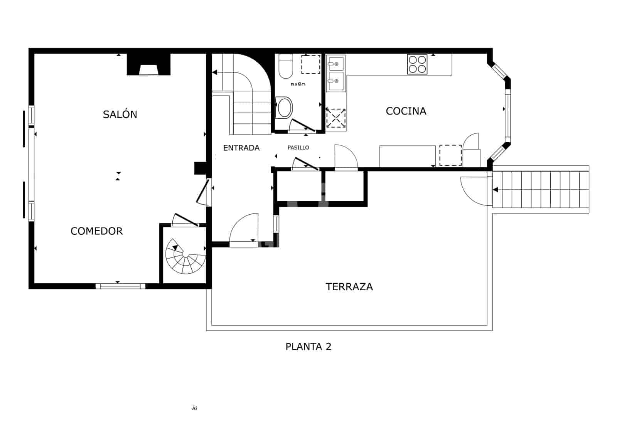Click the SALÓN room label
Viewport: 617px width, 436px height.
[120, 114]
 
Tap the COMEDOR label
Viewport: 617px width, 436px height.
[96, 231]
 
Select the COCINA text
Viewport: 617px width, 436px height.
[406, 111]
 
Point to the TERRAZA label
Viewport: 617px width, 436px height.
[349, 287]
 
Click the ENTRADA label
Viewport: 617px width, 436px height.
[241, 148]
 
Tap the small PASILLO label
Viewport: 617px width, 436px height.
[298, 148]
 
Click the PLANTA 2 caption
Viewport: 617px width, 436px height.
[308, 347]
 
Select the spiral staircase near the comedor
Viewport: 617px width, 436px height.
[185, 256]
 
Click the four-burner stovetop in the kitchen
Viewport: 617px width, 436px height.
[417, 64]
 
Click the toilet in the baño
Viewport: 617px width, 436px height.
[286, 66]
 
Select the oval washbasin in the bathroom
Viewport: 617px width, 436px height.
[285, 107]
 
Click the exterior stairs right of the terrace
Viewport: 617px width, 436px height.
[541, 190]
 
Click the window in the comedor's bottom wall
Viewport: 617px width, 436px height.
[120, 286]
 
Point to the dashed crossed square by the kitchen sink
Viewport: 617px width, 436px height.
[336, 118]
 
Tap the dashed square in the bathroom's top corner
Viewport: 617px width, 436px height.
[310, 64]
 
